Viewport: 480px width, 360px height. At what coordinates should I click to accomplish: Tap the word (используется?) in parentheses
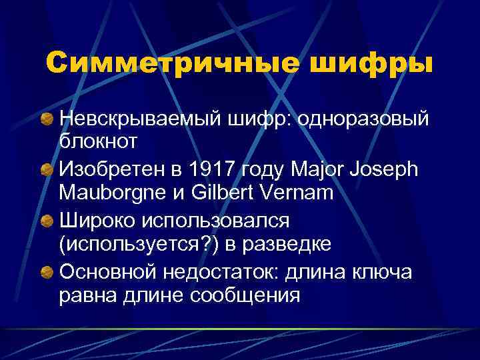click(x=143, y=243)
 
